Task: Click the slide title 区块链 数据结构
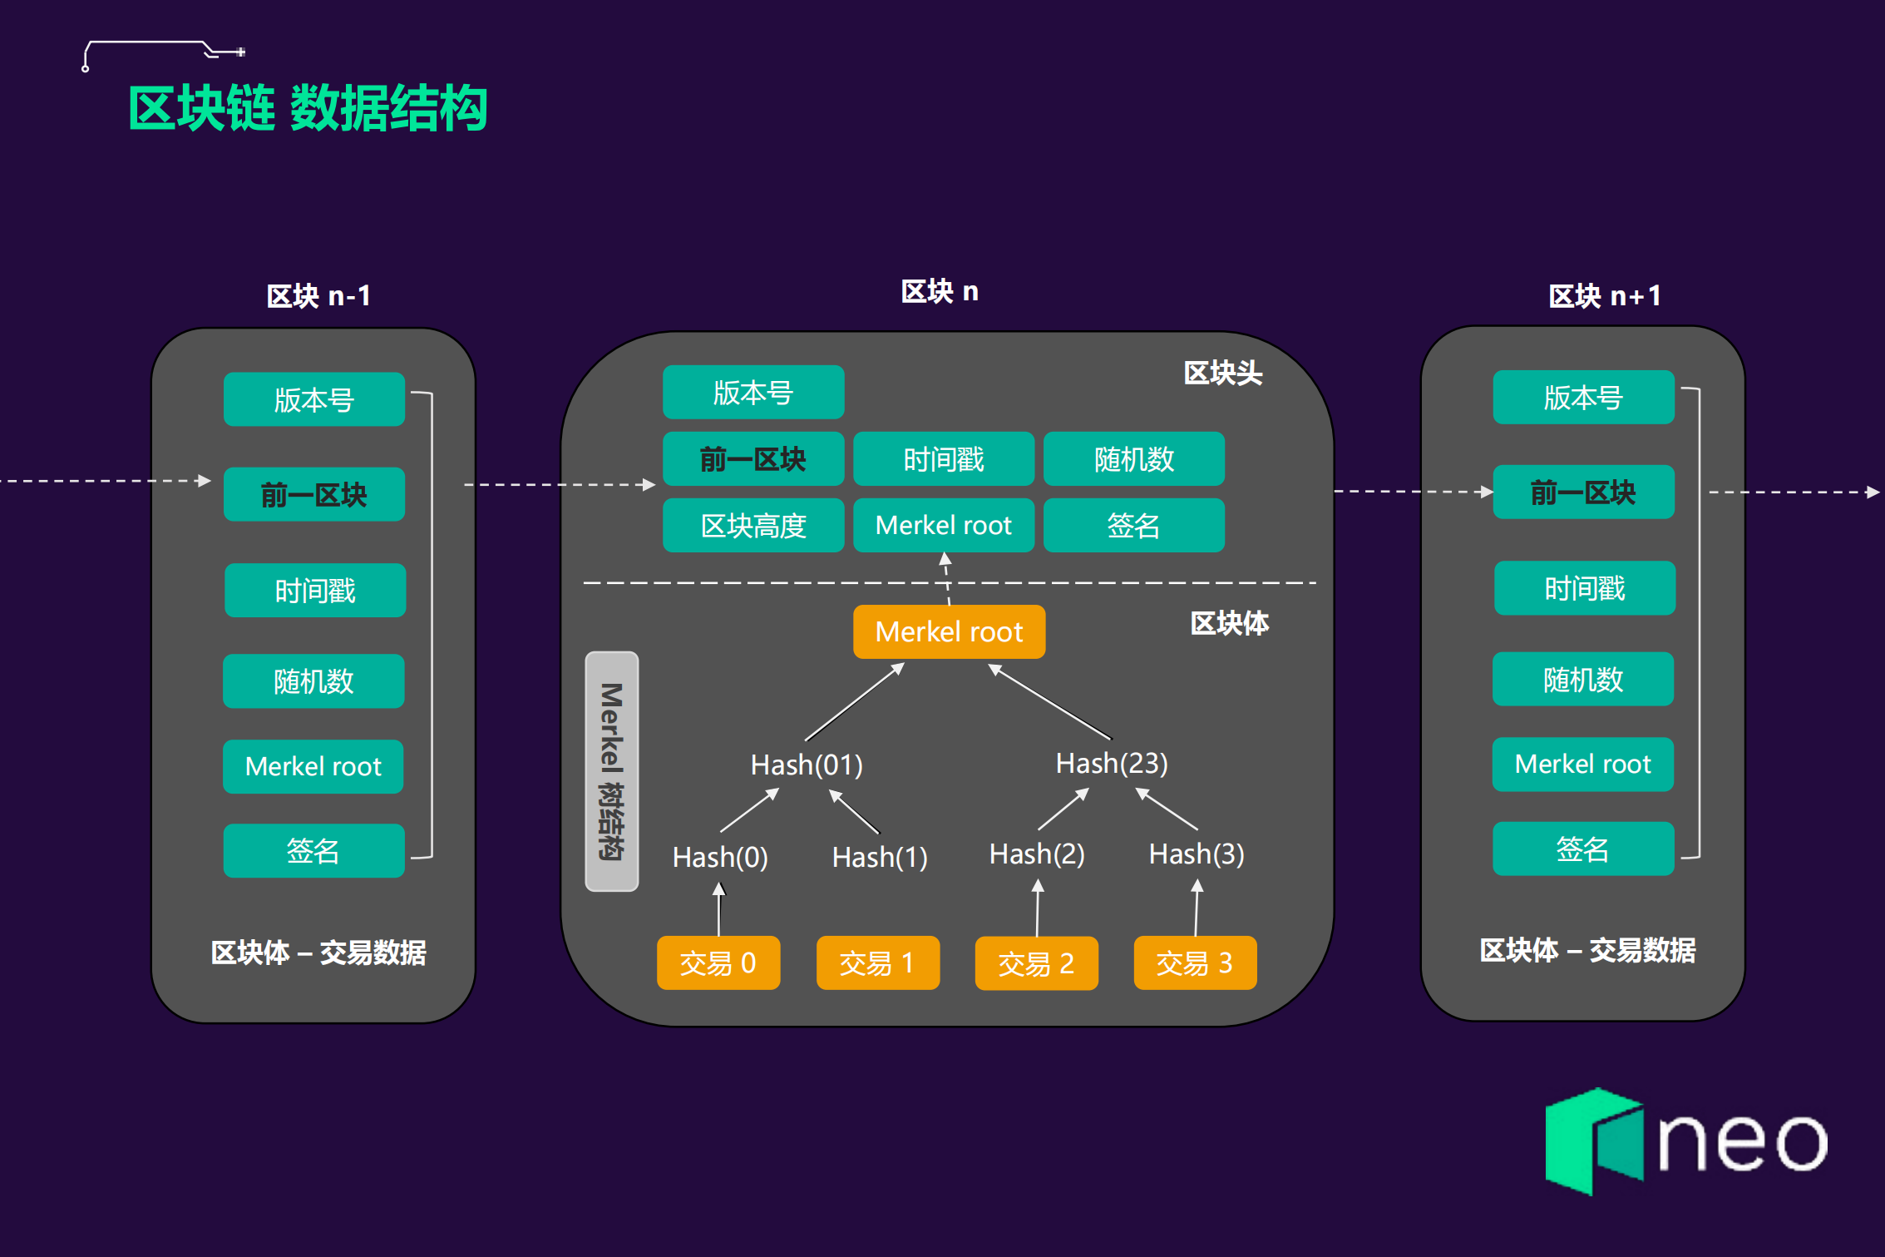coord(308,108)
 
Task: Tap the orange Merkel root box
coord(949,631)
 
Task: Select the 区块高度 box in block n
coord(753,525)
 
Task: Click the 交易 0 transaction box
coord(718,963)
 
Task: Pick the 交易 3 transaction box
coord(1195,963)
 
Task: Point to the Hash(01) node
coord(807,765)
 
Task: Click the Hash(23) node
coord(1112,763)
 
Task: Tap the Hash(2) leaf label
coord(1037,854)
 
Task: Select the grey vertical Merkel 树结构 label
coord(612,771)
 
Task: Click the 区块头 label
coord(1222,374)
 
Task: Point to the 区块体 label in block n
coord(1229,623)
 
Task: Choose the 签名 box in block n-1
coord(313,850)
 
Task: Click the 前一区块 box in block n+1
coord(1583,492)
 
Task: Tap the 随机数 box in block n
coord(1134,458)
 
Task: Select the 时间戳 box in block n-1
coord(315,591)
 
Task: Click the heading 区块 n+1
coord(1604,296)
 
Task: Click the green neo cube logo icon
coord(1593,1141)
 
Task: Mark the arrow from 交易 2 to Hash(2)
coord(1038,909)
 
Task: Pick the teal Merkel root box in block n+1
coord(1582,764)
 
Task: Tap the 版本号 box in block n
coord(753,392)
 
